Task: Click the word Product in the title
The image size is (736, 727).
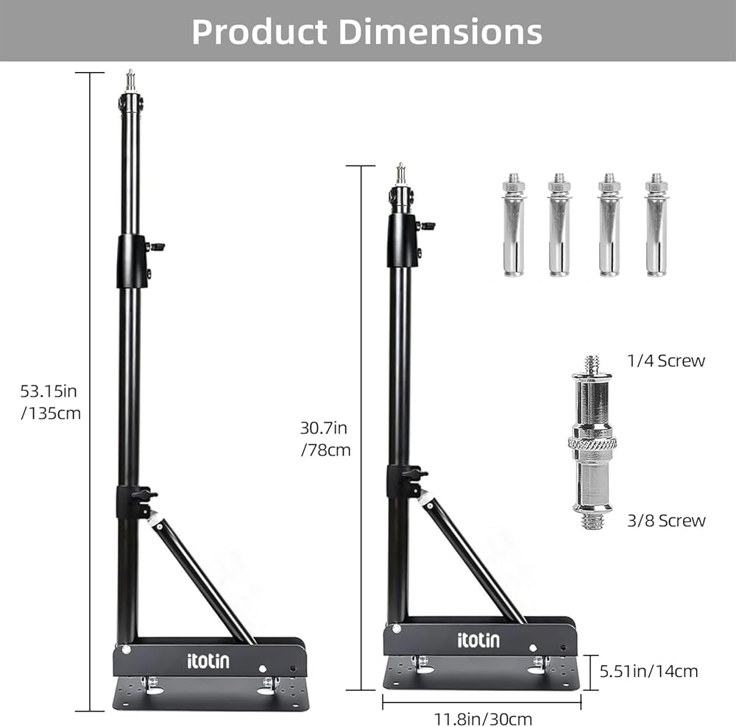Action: [259, 32]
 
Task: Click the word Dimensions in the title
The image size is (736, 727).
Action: [440, 32]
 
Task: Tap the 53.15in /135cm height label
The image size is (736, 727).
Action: [50, 402]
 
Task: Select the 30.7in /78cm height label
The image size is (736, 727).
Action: [325, 439]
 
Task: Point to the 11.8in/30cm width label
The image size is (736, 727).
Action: [483, 719]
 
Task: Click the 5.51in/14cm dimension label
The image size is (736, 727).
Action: [648, 671]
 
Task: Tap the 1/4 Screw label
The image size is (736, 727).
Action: [666, 361]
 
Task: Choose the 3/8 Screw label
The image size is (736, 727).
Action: [666, 520]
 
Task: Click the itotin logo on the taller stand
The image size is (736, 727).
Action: [208, 661]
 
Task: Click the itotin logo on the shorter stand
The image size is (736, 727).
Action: [478, 640]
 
